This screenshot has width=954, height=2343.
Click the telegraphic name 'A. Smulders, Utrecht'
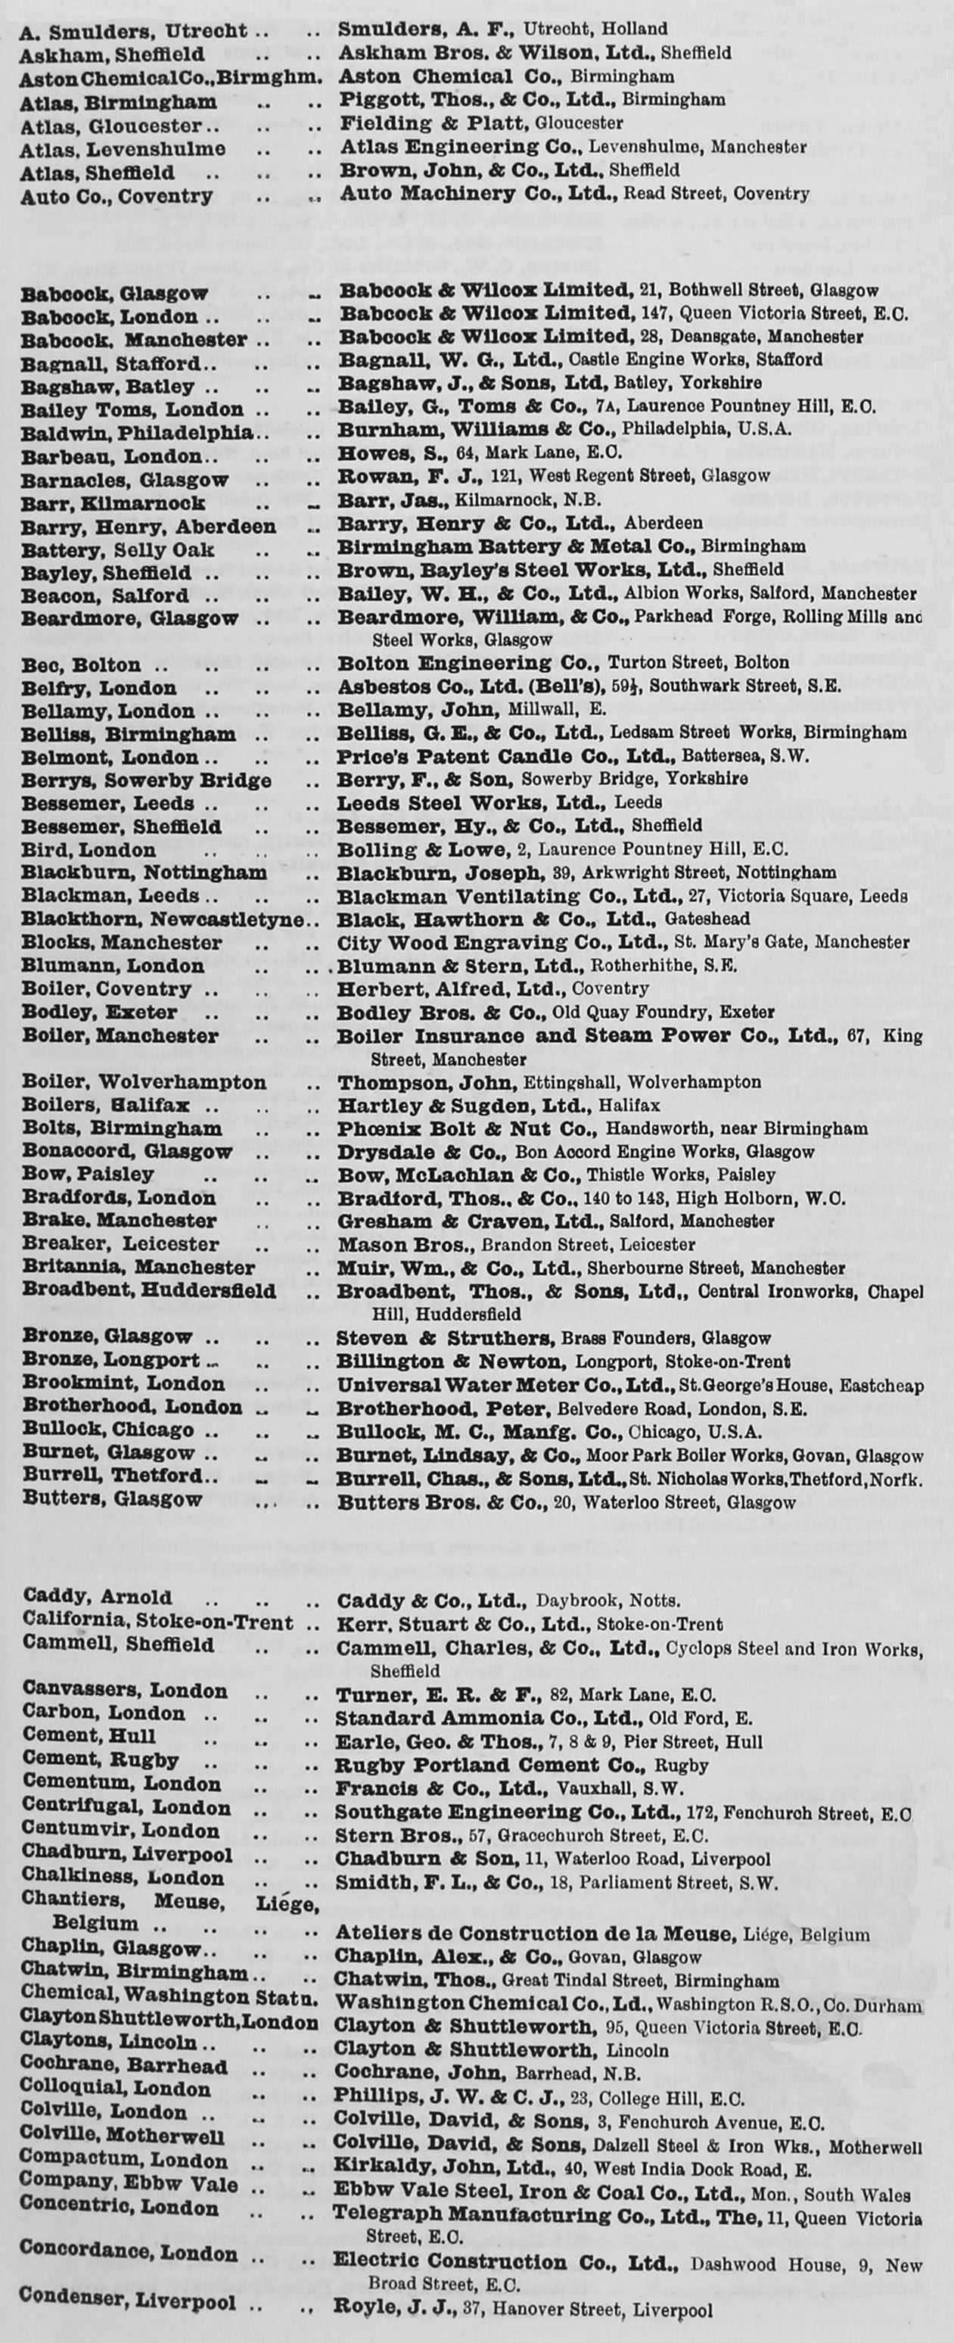point(133,30)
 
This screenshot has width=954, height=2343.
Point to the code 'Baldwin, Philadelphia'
point(136,432)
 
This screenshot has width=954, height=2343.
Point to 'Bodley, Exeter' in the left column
point(99,1013)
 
